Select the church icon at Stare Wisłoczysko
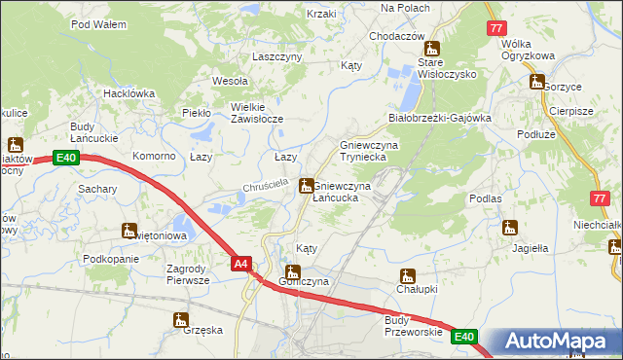click(433, 49)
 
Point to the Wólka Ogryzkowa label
click(528, 50)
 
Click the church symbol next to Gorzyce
click(536, 85)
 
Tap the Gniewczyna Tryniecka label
click(369, 151)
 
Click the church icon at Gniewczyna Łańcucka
click(307, 185)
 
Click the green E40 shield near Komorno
click(65, 158)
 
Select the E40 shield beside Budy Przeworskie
click(465, 337)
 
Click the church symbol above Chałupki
click(407, 275)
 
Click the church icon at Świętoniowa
click(128, 231)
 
